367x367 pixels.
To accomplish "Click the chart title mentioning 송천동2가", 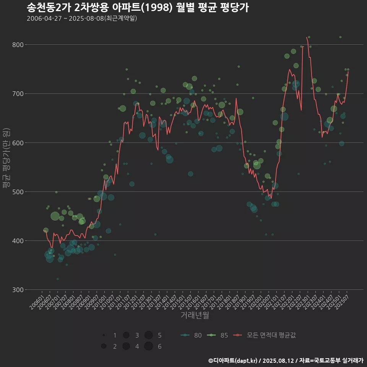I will click(x=138, y=7).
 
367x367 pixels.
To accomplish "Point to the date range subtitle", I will click(x=82, y=18).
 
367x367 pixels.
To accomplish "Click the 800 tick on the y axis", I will click(x=18, y=45).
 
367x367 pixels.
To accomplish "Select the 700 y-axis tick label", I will click(x=18, y=94).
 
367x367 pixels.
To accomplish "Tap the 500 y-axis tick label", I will click(x=18, y=192).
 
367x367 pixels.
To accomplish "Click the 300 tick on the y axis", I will click(x=18, y=289).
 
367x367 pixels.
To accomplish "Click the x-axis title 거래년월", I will click(x=195, y=315).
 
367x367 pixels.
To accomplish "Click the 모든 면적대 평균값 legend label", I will click(x=271, y=335).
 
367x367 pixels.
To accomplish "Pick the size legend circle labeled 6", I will click(x=149, y=346).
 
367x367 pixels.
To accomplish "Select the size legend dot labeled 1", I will click(x=104, y=335).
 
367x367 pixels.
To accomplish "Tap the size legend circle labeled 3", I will click(x=126, y=335).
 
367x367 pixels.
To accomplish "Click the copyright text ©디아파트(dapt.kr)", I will click(x=233, y=361).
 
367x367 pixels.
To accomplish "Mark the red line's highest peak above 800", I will click(x=307, y=37).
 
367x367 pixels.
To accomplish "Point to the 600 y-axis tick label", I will click(x=18, y=143).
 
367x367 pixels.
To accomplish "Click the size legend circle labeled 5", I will click(x=149, y=335).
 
